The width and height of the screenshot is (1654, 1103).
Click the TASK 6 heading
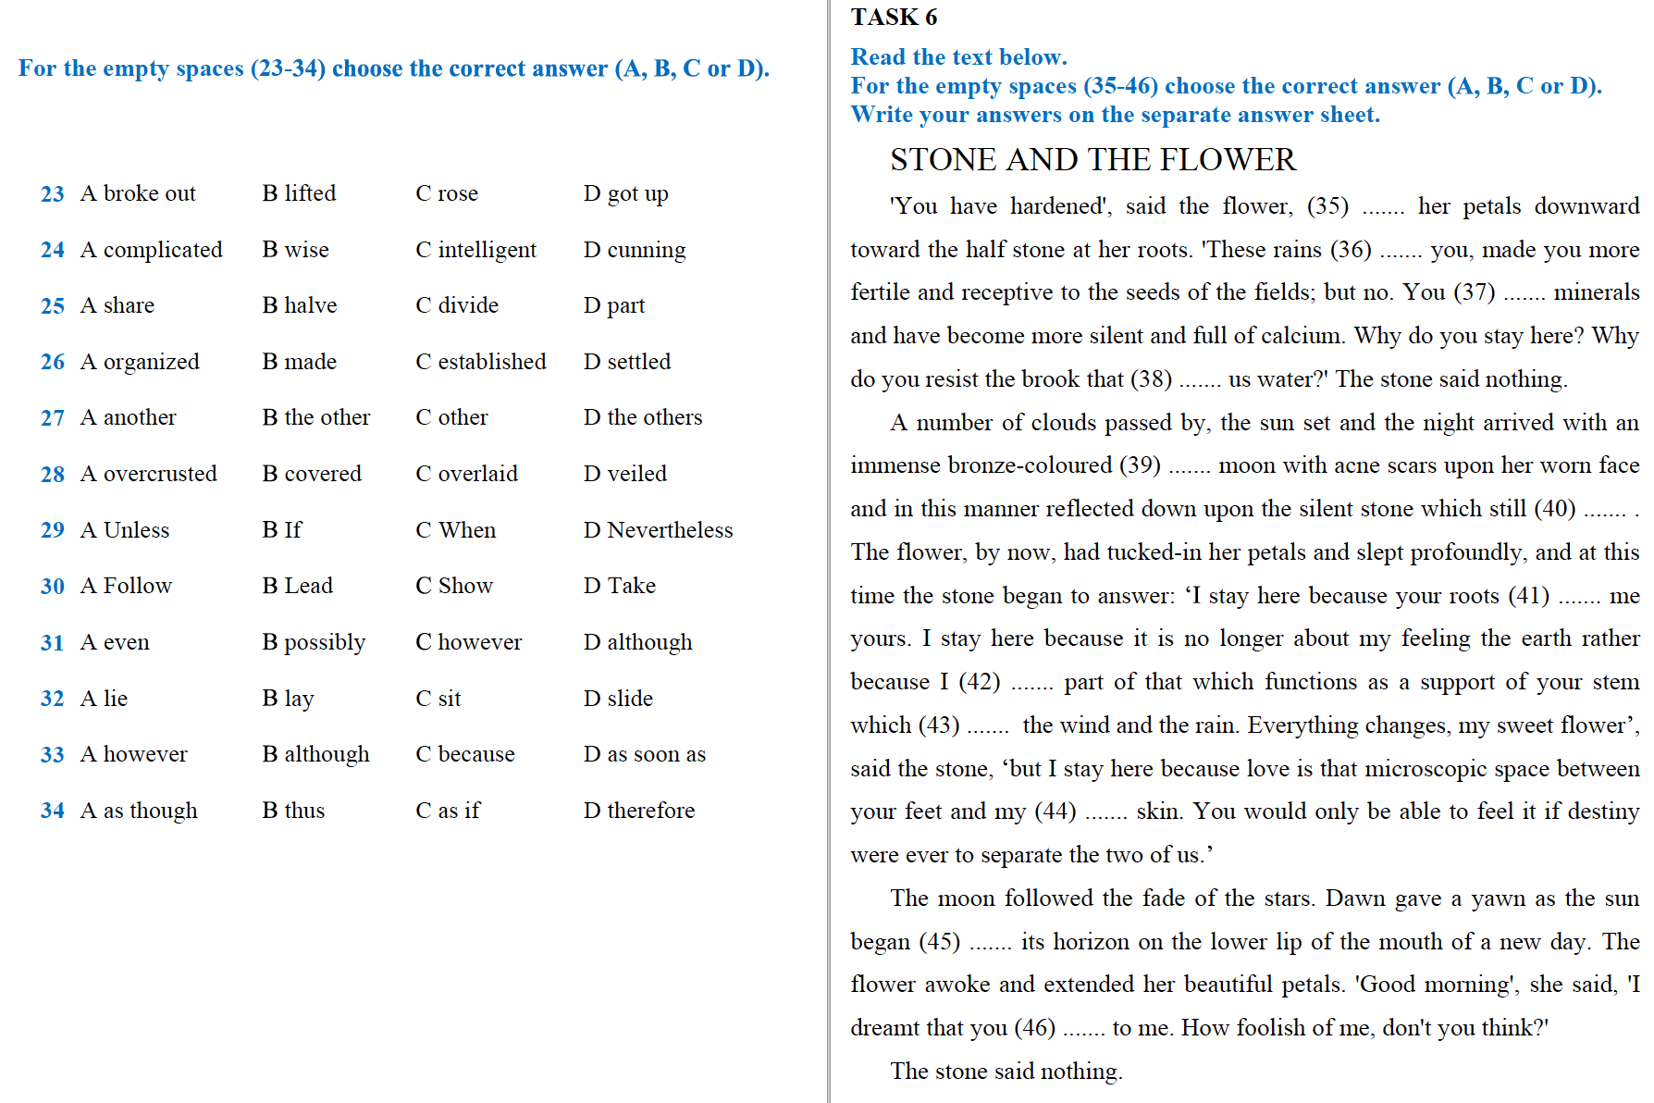[894, 17]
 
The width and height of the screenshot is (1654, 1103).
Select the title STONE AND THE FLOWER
[1092, 160]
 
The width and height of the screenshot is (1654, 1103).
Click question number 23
[52, 194]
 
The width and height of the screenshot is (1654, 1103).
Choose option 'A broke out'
[138, 193]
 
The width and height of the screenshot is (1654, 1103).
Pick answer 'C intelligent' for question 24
[475, 250]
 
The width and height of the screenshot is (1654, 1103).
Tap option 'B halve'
[299, 305]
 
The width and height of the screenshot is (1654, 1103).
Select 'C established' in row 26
[480, 362]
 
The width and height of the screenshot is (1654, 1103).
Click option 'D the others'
[643, 417]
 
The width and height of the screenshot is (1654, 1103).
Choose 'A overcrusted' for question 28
[148, 474]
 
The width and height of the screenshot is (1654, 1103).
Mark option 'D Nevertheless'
[658, 530]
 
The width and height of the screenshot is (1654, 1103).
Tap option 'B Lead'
[297, 586]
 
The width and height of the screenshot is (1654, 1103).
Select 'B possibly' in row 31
[314, 642]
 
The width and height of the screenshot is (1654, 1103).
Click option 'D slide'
[618, 699]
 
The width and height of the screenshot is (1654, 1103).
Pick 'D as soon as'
[644, 754]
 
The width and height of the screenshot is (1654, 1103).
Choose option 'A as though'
[139, 811]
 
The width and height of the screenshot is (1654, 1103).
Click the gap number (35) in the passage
[1327, 205]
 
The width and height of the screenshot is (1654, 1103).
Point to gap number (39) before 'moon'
[1140, 465]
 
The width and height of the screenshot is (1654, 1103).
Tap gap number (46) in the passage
[1034, 1027]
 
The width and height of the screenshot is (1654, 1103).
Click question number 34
[52, 812]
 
